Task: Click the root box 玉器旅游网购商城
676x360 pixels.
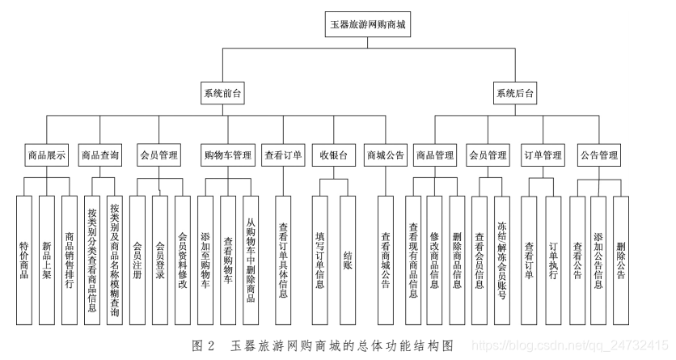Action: pyautogui.click(x=367, y=25)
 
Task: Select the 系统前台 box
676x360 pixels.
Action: pyautogui.click(x=222, y=94)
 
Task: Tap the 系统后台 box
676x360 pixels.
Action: pyautogui.click(x=514, y=94)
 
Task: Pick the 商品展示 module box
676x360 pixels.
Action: pyautogui.click(x=46, y=154)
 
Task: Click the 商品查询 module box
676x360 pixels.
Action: pyautogui.click(x=100, y=154)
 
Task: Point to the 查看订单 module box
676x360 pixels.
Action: pyautogui.click(x=283, y=154)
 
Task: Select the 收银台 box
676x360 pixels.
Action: pyautogui.click(x=333, y=154)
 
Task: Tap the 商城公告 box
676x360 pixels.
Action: pyautogui.click(x=386, y=154)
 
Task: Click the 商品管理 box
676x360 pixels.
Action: pyautogui.click(x=435, y=154)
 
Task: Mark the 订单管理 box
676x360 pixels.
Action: pyautogui.click(x=543, y=154)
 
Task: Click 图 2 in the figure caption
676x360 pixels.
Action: pyautogui.click(x=203, y=346)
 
